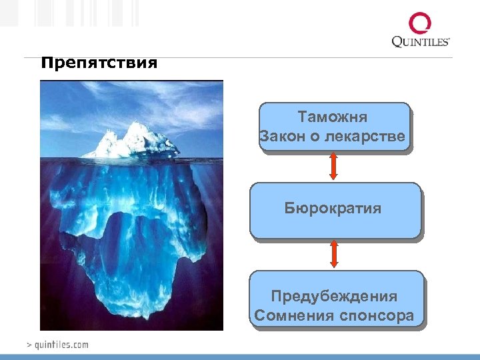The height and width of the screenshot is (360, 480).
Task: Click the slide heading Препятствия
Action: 99,64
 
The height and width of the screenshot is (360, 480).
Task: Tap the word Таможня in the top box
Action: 333,117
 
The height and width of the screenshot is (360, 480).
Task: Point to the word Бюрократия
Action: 333,209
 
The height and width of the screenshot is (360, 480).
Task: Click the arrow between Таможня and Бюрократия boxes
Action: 334,166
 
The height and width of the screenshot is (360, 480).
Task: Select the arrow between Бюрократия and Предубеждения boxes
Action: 334,254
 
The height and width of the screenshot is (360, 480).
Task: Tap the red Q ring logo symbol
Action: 420,24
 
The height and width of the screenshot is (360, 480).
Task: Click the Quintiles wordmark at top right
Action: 420,42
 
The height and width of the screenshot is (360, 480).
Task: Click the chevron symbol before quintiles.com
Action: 29,345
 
